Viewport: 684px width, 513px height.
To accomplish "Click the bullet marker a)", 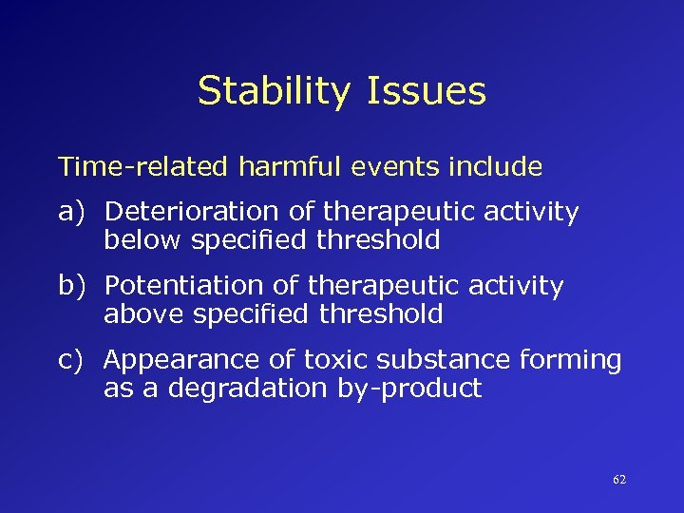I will tap(76, 212).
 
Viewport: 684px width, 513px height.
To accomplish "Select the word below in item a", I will tap(143, 240).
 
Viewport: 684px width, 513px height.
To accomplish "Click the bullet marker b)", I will tap(76, 286).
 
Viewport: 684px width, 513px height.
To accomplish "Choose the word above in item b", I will tap(144, 314).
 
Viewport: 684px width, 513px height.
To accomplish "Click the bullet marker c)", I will tap(76, 360).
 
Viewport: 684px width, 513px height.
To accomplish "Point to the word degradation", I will tap(239, 389).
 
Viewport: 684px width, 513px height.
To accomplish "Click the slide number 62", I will tap(619, 480).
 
